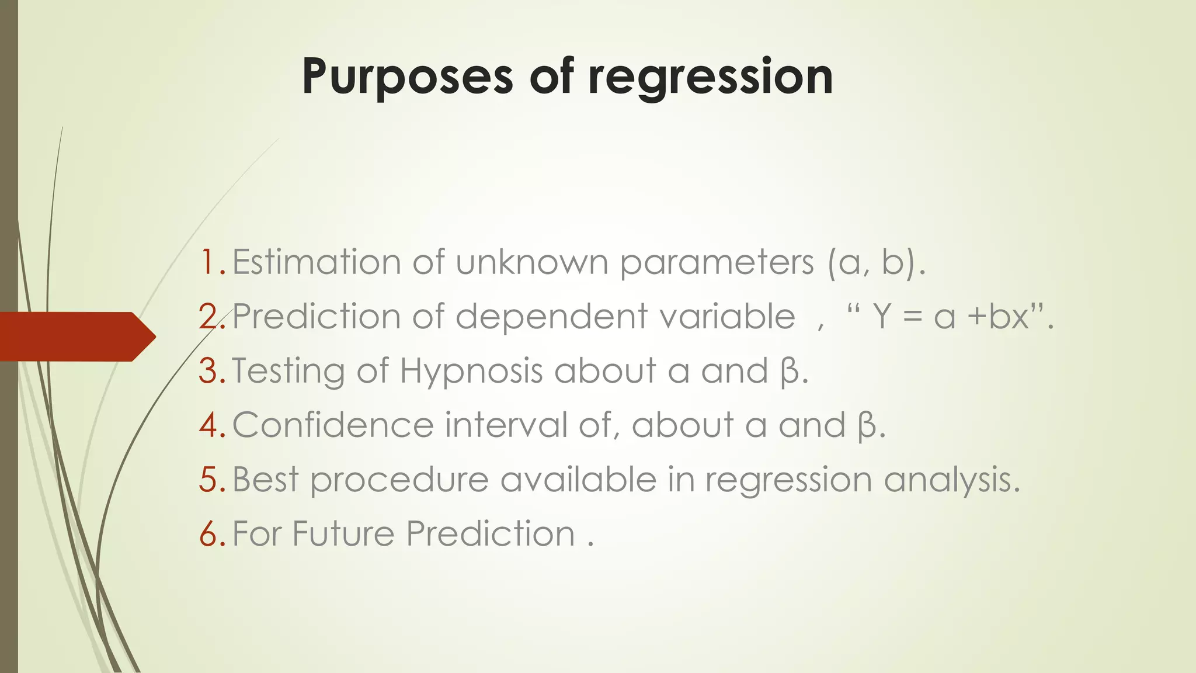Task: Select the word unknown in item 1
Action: click(532, 262)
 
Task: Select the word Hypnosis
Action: click(471, 372)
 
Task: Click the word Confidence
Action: click(333, 425)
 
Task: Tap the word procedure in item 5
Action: click(399, 480)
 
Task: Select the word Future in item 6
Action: click(343, 533)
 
